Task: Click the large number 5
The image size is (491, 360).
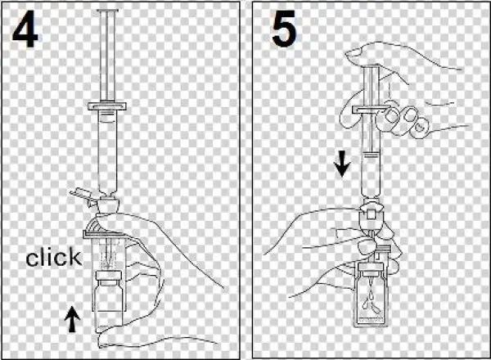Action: (x=284, y=29)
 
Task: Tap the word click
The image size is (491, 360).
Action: (x=53, y=257)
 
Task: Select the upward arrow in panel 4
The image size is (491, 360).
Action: (x=72, y=319)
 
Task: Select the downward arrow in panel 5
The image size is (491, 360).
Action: (x=343, y=164)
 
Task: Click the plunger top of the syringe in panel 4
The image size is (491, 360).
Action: (x=108, y=11)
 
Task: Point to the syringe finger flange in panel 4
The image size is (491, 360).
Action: (x=107, y=106)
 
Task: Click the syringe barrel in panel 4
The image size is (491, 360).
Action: (x=107, y=151)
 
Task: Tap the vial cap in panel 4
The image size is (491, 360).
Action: (x=108, y=276)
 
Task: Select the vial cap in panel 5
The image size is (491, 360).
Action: (x=371, y=267)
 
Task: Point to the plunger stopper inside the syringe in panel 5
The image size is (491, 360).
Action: (x=371, y=154)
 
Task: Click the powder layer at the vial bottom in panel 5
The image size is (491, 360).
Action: (x=371, y=321)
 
